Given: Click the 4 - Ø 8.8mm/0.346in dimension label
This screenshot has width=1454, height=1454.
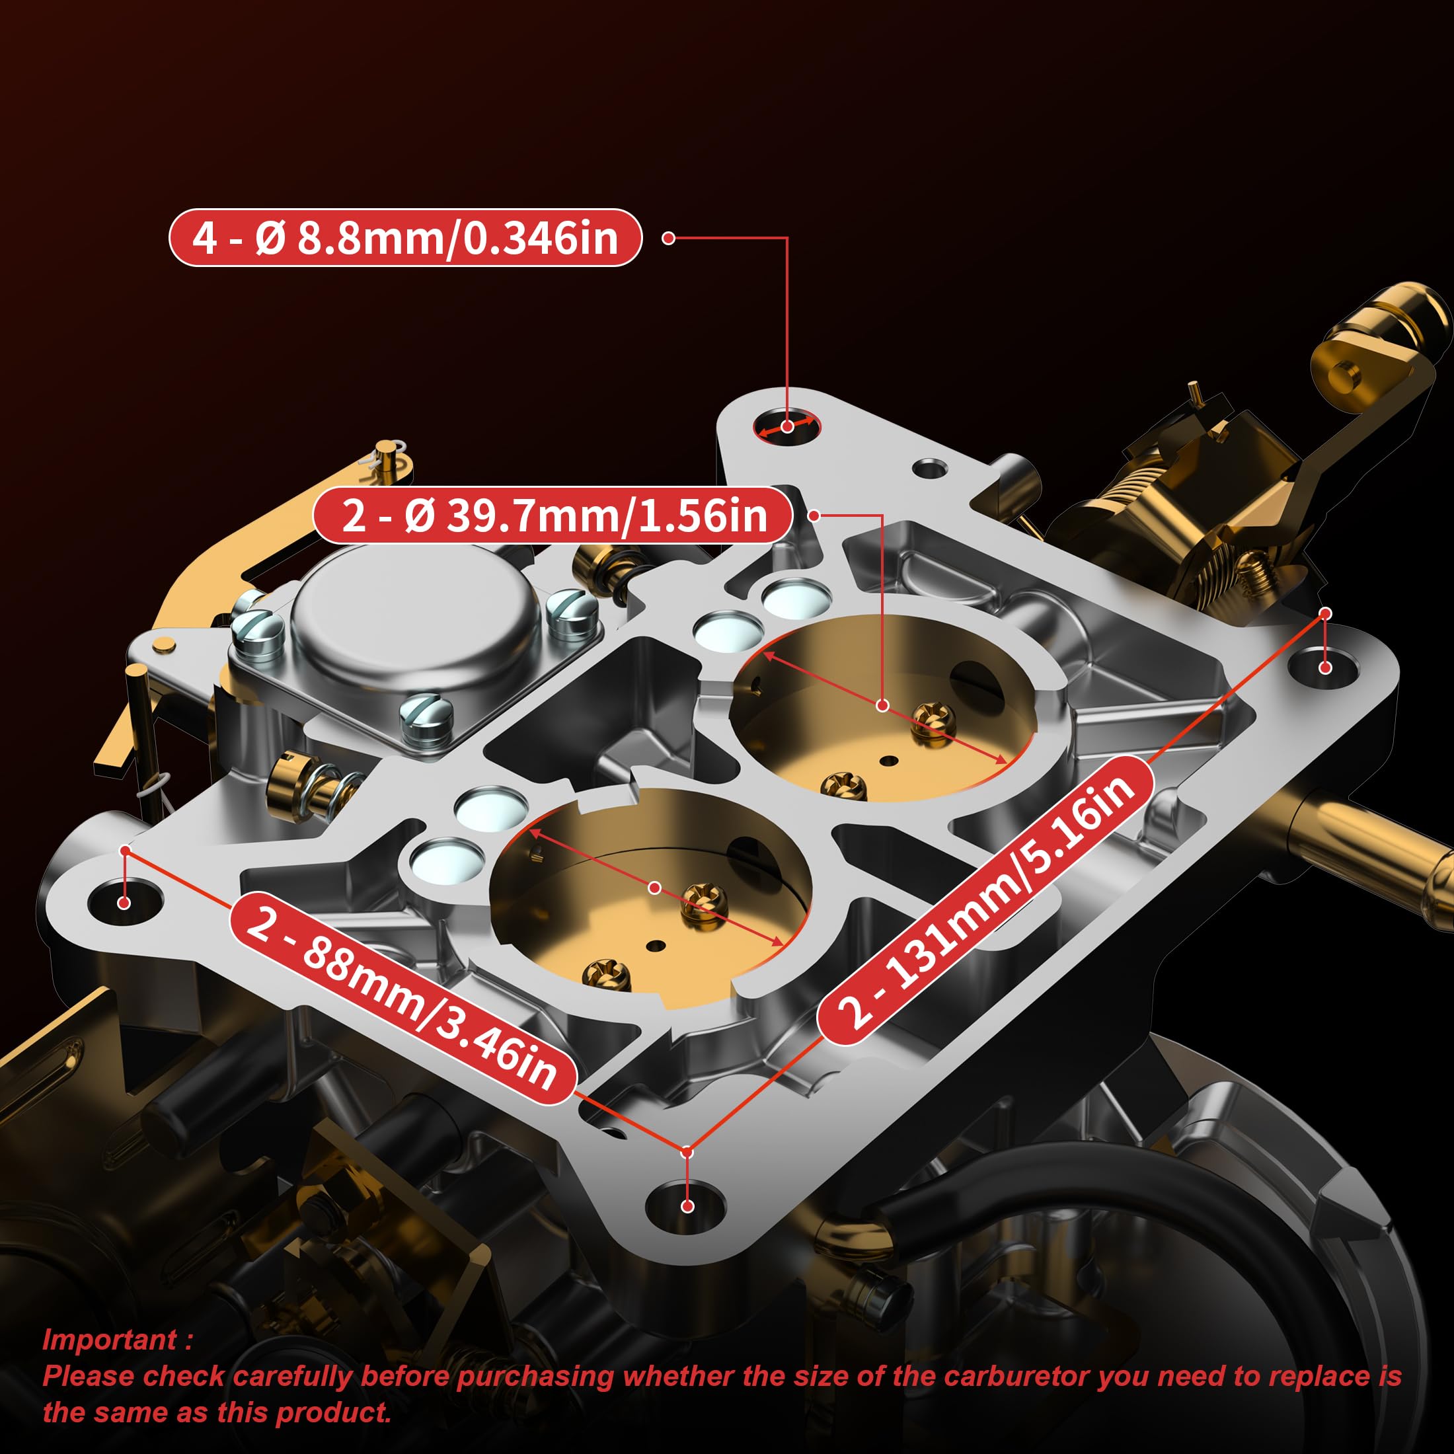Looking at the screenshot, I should [x=405, y=238].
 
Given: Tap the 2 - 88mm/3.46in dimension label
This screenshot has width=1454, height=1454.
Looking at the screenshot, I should [x=403, y=998].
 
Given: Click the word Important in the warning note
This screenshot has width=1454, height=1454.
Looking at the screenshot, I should [x=110, y=1340].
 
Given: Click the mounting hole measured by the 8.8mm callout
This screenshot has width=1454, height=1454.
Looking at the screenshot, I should [x=786, y=427].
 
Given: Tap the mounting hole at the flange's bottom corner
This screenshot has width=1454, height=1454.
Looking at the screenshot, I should [x=687, y=1205].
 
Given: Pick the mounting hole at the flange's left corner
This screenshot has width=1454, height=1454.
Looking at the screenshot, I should [x=125, y=902].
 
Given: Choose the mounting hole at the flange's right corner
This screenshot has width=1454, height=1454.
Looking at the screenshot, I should [x=1325, y=667].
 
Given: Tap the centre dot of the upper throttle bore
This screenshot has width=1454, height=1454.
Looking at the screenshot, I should [x=882, y=705].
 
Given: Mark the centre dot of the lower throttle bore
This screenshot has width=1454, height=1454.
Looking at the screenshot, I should [x=654, y=888].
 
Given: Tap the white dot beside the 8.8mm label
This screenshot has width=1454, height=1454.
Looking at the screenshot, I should [x=668, y=238].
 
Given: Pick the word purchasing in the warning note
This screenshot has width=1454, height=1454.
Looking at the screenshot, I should [x=534, y=1376].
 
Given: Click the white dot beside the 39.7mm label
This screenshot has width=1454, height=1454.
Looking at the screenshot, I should [x=814, y=516].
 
